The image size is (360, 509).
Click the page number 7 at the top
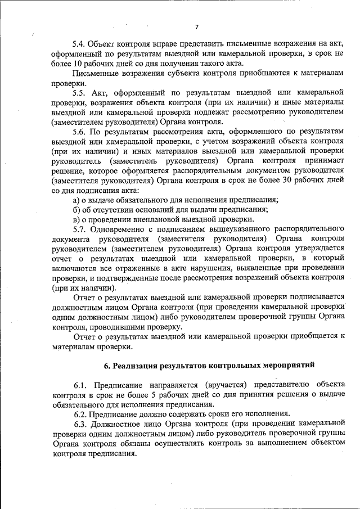[197, 26]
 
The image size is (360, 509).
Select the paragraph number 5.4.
[80, 43]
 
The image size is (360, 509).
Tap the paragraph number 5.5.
[80, 92]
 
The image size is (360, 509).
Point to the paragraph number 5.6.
[80, 131]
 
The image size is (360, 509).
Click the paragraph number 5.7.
[80, 229]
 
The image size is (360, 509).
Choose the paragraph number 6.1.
[80, 385]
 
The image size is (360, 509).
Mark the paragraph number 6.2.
[80, 414]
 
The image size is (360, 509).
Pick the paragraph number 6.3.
[80, 424]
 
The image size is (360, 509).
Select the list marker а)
[76, 200]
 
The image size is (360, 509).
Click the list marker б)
[76, 210]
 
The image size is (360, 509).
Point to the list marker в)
[76, 219]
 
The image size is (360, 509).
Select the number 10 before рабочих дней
[70, 62]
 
